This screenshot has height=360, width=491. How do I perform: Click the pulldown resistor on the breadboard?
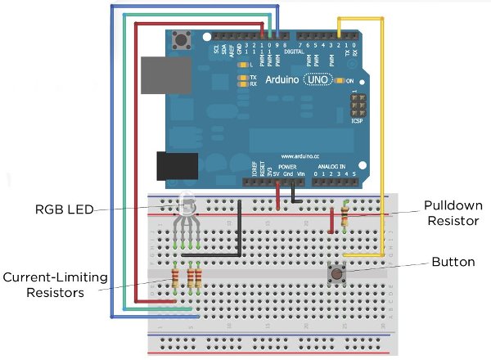(x=345, y=217)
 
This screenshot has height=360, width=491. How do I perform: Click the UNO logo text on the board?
(x=316, y=80)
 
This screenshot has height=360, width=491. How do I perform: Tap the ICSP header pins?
(x=358, y=106)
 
